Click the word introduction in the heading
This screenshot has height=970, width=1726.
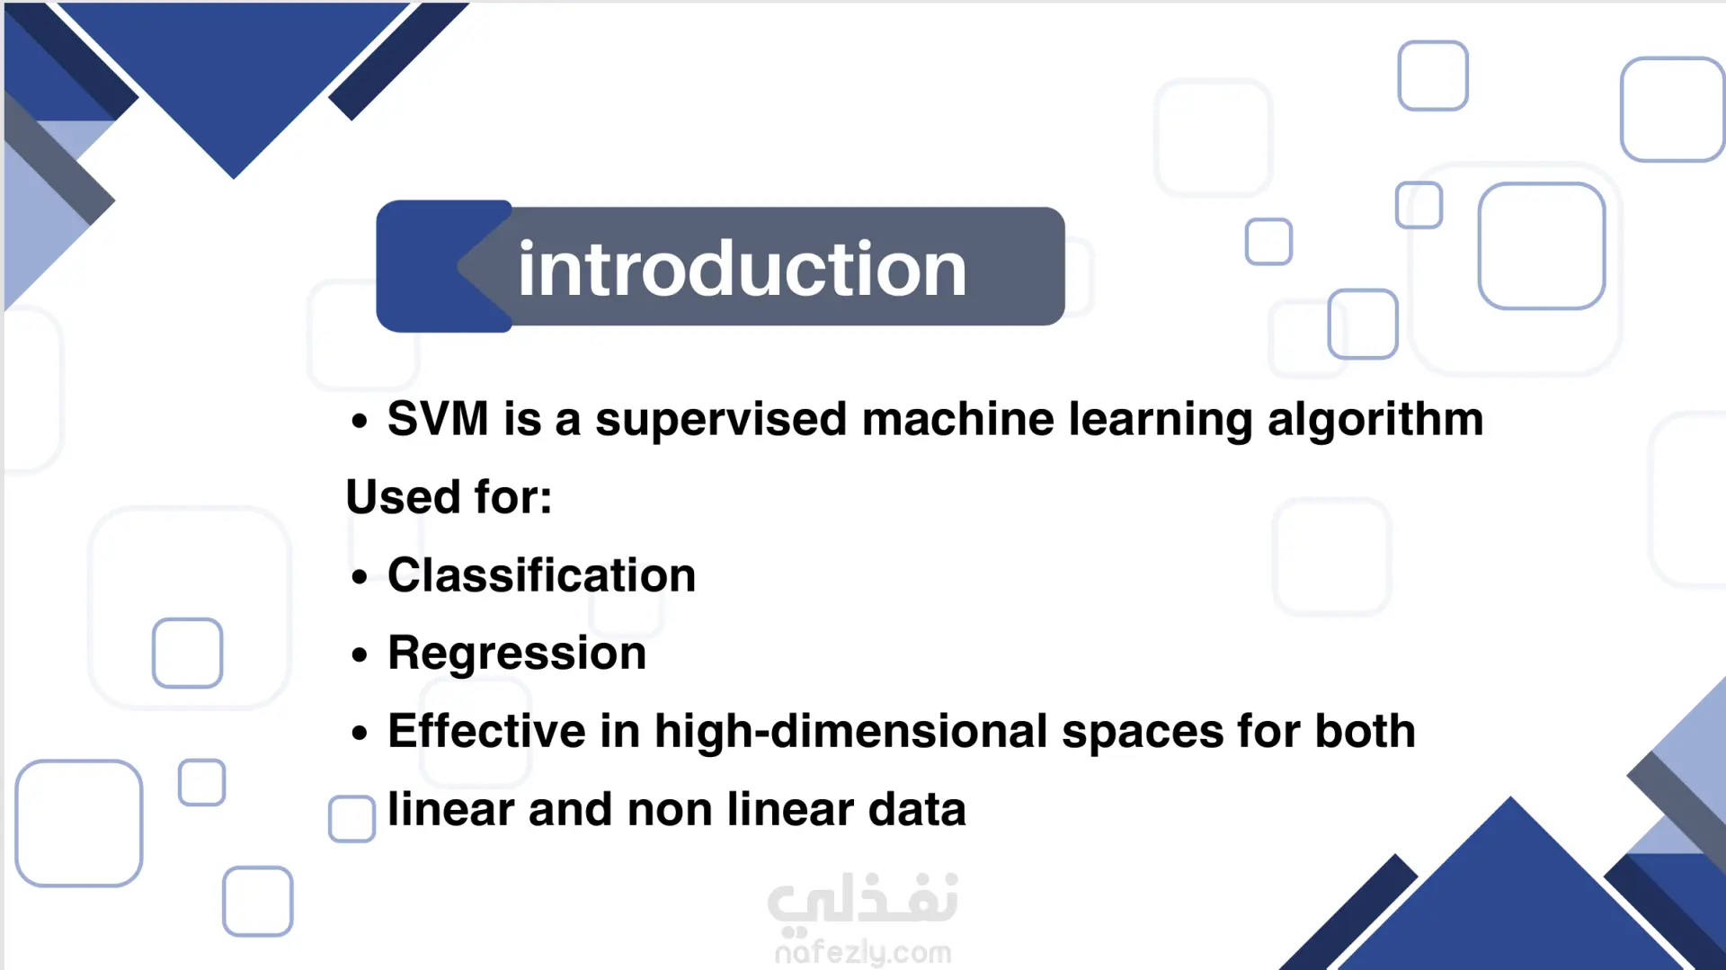tap(742, 269)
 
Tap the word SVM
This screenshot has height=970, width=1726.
tap(438, 419)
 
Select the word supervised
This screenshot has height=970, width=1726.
tap(721, 421)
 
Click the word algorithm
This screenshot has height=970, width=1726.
tap(1375, 421)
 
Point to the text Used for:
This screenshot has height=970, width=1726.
tap(449, 497)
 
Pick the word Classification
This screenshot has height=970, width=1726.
tap(542, 575)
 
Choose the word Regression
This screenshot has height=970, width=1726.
tap(517, 654)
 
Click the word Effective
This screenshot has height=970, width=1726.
tap(486, 731)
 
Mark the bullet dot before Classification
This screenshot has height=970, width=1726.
tap(360, 577)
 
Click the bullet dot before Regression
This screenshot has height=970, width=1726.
tap(360, 655)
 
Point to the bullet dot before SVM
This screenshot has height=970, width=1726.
tap(360, 421)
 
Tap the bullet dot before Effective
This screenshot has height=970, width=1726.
tap(360, 734)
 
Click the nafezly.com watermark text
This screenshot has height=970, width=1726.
tap(863, 951)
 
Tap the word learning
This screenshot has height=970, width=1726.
tap(1161, 421)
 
